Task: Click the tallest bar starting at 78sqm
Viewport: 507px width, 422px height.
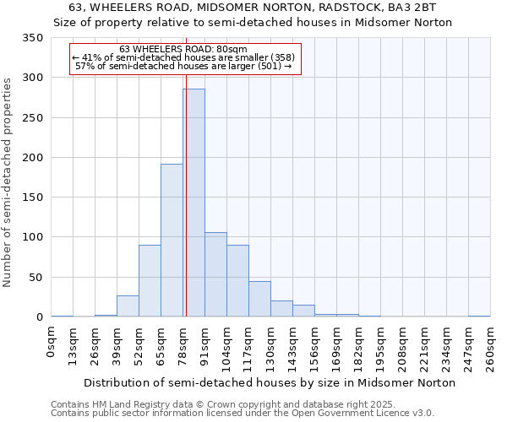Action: coord(194,203)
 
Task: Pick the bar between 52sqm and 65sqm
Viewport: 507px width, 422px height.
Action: coord(150,281)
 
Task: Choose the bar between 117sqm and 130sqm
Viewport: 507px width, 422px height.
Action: coord(259,299)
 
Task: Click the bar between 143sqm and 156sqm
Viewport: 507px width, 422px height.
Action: coord(303,311)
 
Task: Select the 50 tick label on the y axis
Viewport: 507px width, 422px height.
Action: coord(35,278)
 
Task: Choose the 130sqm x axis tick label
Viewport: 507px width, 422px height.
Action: coord(271,346)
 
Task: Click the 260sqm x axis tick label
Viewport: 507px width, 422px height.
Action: coord(491,346)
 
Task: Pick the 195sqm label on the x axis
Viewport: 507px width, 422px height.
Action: coord(381,346)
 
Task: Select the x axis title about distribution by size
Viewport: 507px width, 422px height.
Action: coord(270,382)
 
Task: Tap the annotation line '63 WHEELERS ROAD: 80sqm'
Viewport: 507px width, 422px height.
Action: coord(183,49)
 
